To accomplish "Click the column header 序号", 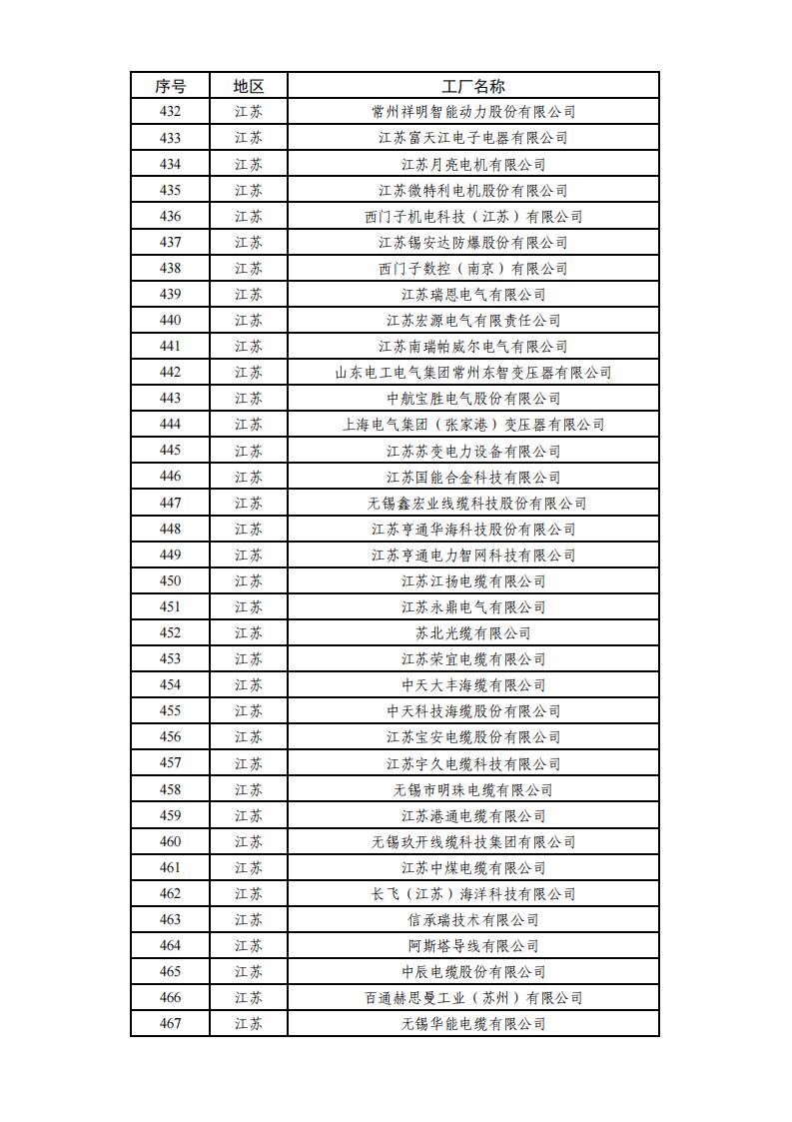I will (x=170, y=86).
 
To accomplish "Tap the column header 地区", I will (x=249, y=86).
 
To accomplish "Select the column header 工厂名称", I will (x=473, y=86).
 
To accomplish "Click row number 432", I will (x=170, y=112).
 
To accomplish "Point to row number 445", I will (x=170, y=451).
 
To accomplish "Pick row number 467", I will (x=170, y=1023).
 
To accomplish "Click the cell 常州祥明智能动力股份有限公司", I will (x=473, y=112).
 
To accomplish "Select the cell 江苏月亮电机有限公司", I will (x=473, y=164).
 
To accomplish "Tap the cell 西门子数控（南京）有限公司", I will (x=473, y=268).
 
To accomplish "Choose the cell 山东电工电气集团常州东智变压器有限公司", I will (x=473, y=372).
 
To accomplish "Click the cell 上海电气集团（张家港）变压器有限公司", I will (x=473, y=425).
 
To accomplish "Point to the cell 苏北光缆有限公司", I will (x=473, y=632).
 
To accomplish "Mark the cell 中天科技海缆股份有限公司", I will (x=473, y=710).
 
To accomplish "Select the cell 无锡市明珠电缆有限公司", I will (x=473, y=789).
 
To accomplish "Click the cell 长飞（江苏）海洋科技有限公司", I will (x=473, y=893).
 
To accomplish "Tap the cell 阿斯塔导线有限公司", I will (x=473, y=945).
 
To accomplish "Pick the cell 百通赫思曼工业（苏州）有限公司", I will (x=473, y=997).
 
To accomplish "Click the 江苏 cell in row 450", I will (x=249, y=580).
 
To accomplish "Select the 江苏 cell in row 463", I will (x=249, y=919).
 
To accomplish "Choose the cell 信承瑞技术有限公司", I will (x=473, y=919).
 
